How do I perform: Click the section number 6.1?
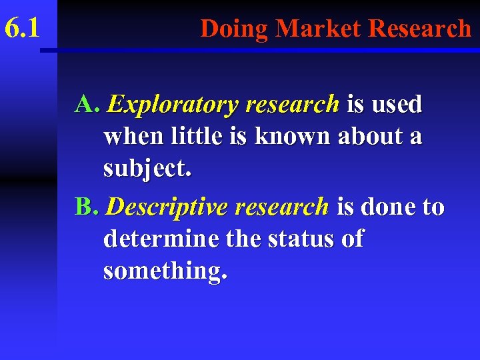point(22,29)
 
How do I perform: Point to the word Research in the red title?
point(420,29)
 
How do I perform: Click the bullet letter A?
point(87,104)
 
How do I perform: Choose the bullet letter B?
point(87,207)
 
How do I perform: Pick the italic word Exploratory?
point(173,105)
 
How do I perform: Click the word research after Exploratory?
point(293,105)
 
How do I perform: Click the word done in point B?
point(389,207)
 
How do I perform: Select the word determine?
point(161,239)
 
